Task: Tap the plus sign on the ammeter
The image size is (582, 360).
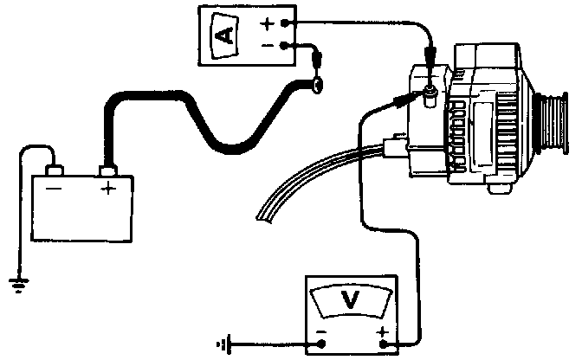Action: pos(268,23)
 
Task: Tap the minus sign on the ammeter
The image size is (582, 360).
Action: pos(268,44)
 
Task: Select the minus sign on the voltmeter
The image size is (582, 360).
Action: pos(322,333)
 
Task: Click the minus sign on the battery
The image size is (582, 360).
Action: pos(55,188)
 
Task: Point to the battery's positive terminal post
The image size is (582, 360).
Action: pos(109,170)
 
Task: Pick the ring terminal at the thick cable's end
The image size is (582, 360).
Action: pos(317,84)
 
